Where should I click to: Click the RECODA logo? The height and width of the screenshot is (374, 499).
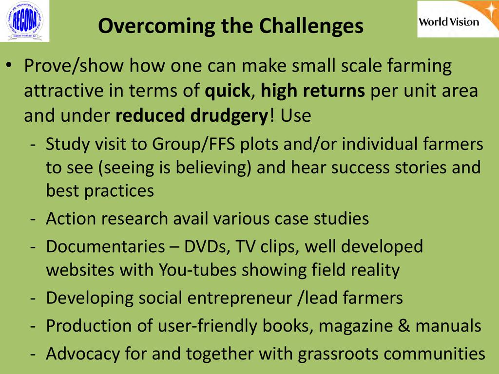[x=25, y=21]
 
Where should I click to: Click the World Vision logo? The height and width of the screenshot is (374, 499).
[x=458, y=19]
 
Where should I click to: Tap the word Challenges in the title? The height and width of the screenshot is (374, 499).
[x=311, y=26]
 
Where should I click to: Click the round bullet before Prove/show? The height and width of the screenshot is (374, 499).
[x=9, y=65]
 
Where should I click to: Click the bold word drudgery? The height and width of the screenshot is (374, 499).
[x=229, y=116]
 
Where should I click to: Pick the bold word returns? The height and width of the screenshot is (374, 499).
[x=333, y=91]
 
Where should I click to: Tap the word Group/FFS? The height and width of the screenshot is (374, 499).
[x=193, y=144]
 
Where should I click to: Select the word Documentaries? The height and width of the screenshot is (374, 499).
[x=105, y=246]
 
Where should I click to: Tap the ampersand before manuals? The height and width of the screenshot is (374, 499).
[x=404, y=326]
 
